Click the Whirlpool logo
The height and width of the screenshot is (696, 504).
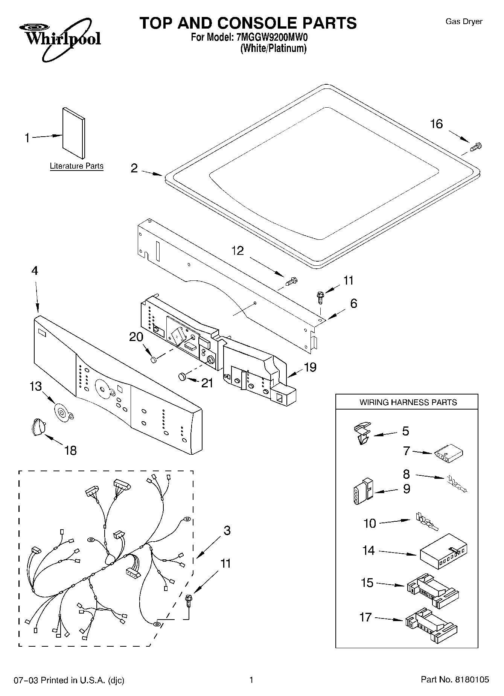coord(60,40)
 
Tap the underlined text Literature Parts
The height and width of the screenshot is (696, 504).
coord(76,166)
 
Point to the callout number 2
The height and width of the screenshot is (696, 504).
coord(134,168)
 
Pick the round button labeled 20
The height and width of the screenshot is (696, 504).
coord(153,360)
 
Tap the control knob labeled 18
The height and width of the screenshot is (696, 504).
coord(38,427)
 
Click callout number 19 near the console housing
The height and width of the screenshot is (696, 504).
coord(310,367)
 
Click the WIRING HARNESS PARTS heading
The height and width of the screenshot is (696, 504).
coord(408,402)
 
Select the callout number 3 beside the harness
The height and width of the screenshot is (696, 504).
coord(227,531)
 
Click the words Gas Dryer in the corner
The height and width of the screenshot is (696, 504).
coord(464,21)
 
